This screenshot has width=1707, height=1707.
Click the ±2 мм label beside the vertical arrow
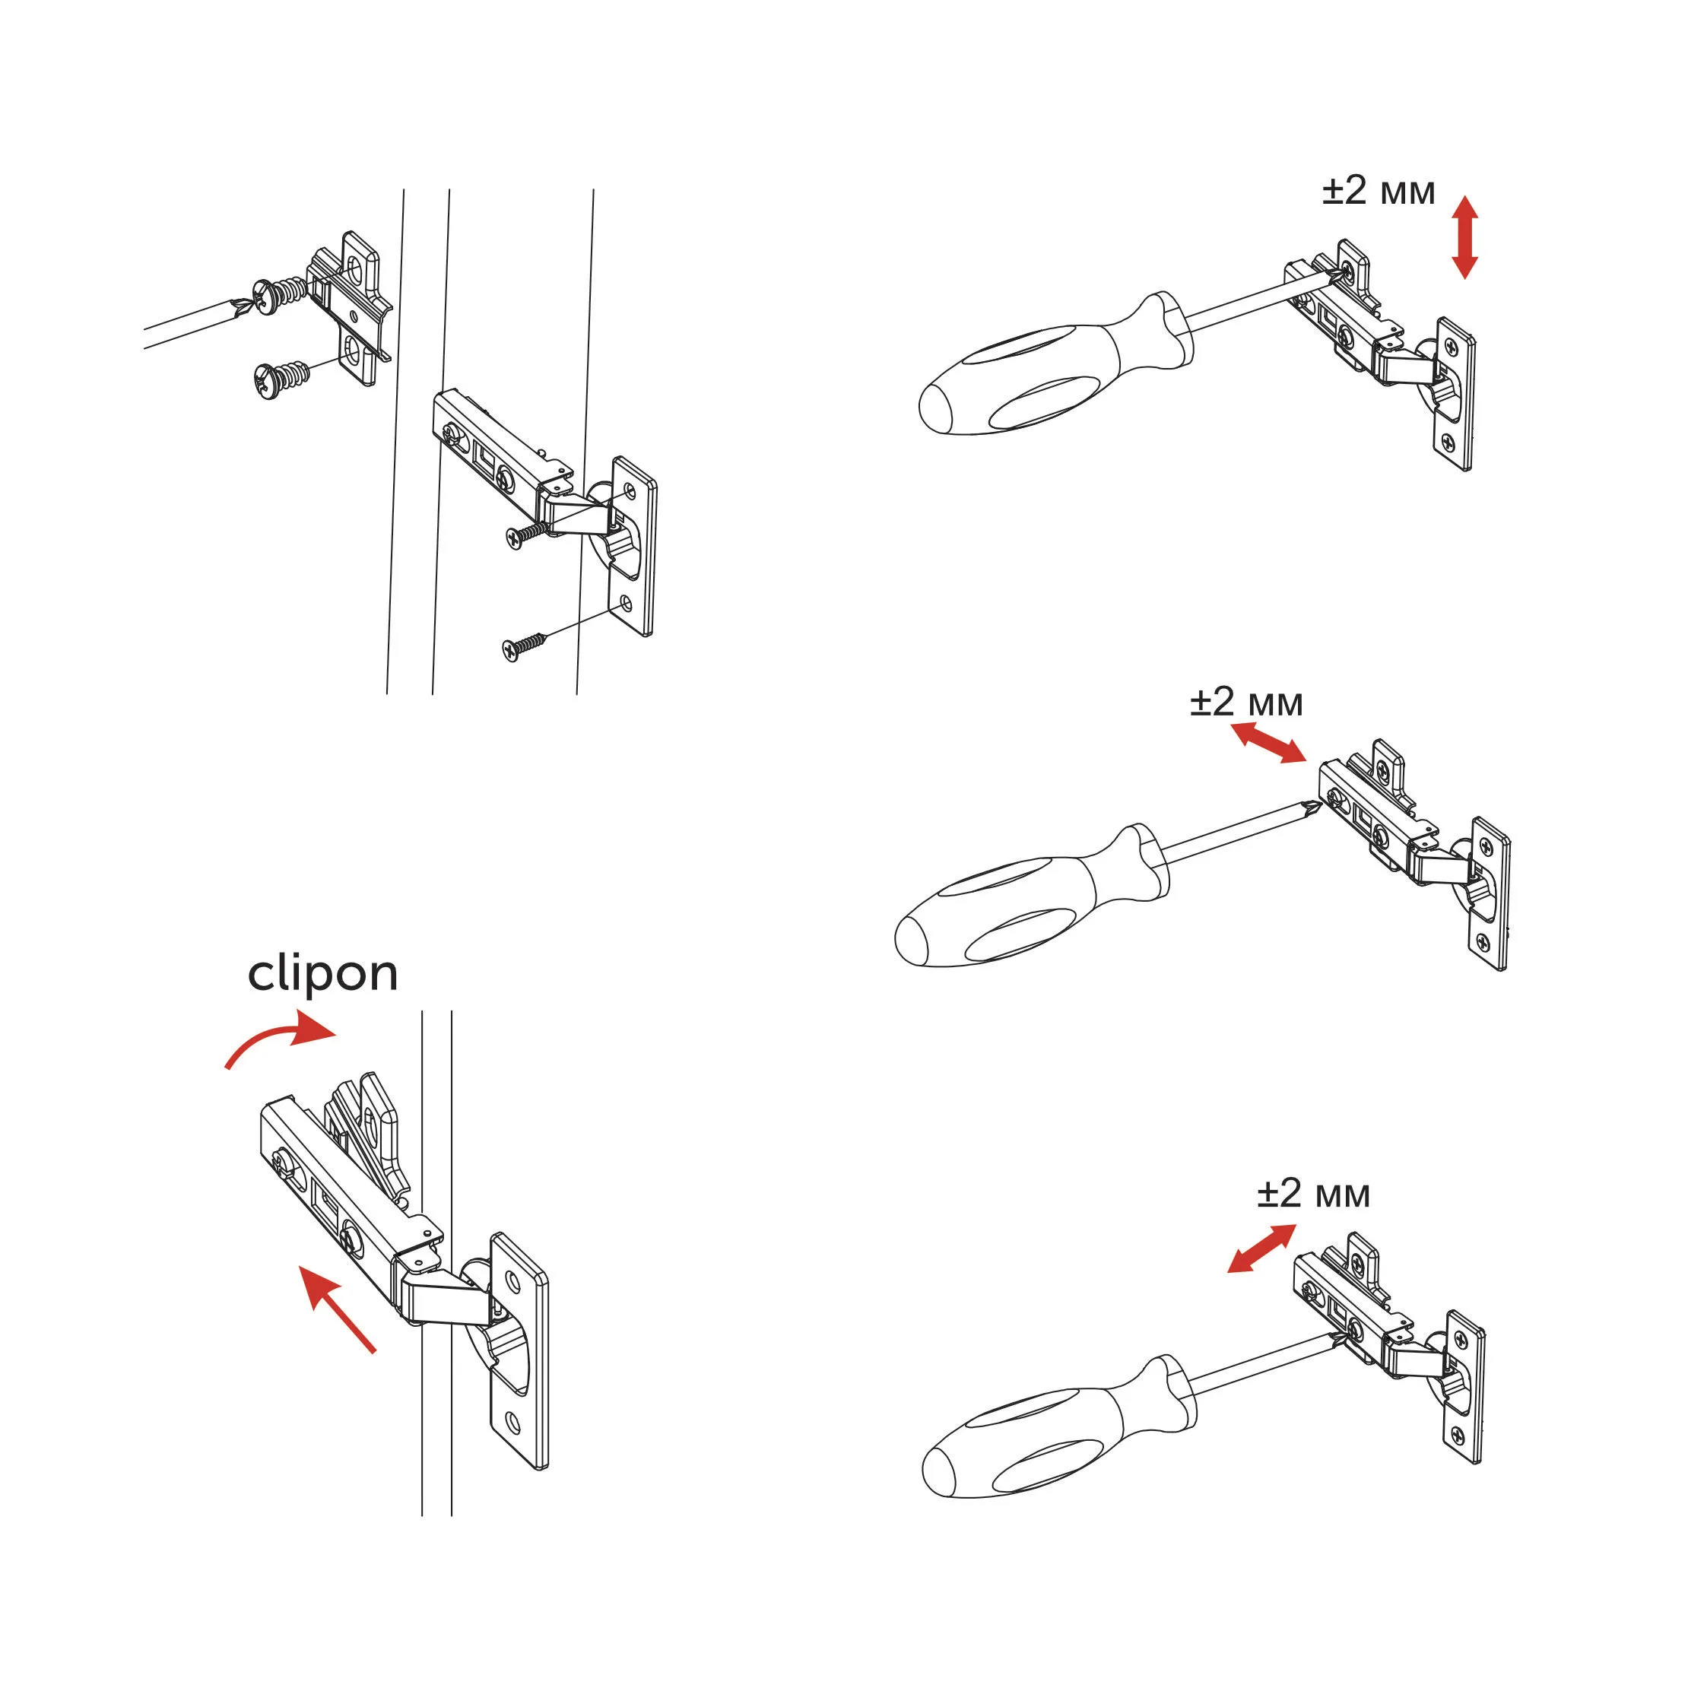coord(1379,191)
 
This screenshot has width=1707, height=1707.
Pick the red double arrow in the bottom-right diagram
coord(1261,1248)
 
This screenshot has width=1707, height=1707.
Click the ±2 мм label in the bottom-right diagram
coord(1314,1194)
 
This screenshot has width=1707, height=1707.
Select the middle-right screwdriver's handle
coord(1030,899)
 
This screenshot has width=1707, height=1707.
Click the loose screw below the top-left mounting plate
coord(281,380)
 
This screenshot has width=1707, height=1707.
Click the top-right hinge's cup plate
coord(1454,393)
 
